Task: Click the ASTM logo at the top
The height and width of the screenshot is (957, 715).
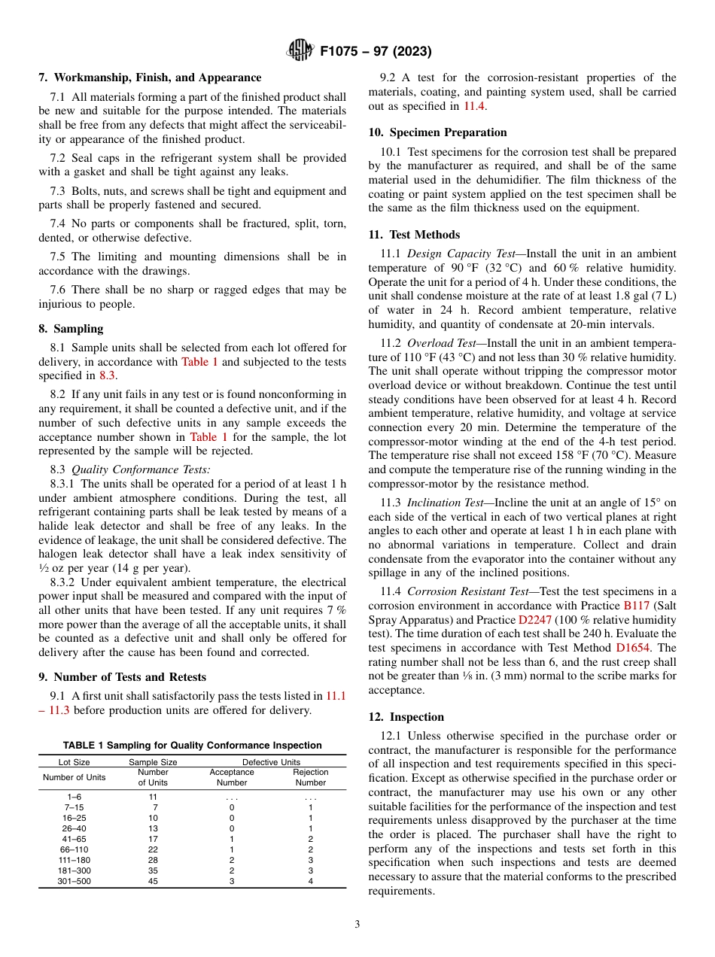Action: click(301, 51)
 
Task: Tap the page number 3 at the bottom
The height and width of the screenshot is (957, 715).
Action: click(357, 924)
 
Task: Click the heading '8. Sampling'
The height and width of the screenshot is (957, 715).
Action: click(71, 329)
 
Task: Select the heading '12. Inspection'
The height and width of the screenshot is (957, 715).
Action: click(406, 717)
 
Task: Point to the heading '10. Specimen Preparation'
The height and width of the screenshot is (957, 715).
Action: click(437, 132)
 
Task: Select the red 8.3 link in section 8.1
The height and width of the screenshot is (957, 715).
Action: click(108, 376)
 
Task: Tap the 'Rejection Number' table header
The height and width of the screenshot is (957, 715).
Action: click(310, 777)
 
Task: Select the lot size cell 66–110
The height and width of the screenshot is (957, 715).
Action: click(75, 849)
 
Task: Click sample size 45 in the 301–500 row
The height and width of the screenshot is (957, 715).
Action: click(154, 881)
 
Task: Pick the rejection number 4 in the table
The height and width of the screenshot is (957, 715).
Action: click(310, 881)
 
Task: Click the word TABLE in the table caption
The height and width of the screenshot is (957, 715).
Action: click(79, 746)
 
